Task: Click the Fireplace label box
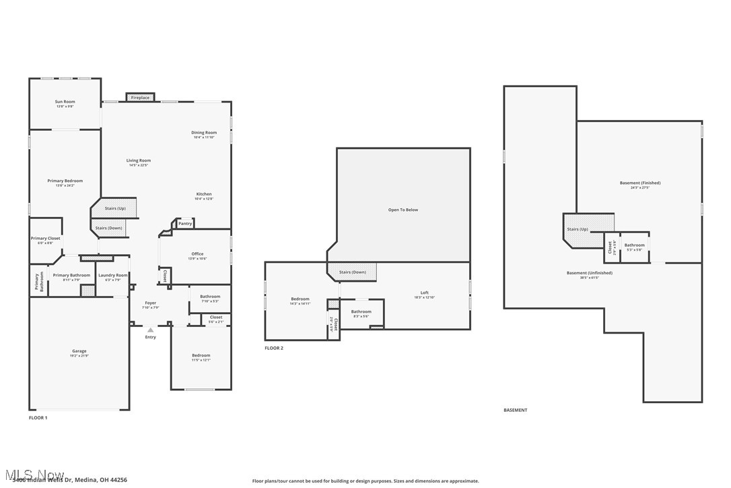point(140,98)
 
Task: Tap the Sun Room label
point(65,102)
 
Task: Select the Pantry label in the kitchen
point(185,223)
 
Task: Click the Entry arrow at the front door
point(150,330)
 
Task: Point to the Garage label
point(79,351)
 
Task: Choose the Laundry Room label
point(112,275)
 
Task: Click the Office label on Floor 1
point(197,254)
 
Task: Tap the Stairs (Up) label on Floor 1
point(115,208)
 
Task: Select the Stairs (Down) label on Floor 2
point(353,272)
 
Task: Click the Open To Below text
point(403,210)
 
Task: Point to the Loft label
point(424,293)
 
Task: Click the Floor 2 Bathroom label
point(361,311)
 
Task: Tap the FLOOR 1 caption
point(38,418)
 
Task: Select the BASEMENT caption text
point(516,410)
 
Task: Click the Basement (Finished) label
point(640,183)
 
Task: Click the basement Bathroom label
point(634,245)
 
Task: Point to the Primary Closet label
point(45,239)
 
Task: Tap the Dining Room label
point(204,133)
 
